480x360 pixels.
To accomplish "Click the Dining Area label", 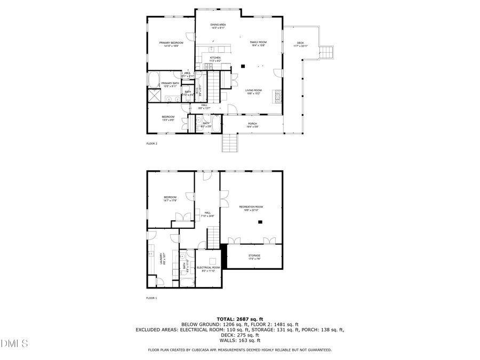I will (218, 25).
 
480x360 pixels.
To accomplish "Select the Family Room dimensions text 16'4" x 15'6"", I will (259, 45).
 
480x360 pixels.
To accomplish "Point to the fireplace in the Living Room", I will (276, 96).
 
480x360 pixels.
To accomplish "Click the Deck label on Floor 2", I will (300, 43).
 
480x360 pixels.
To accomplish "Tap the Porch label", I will (252, 123).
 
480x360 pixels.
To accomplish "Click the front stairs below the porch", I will (229, 143).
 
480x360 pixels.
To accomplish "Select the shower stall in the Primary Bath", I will (155, 96).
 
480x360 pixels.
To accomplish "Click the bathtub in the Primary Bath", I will (153, 80).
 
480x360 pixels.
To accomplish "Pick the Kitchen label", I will (215, 58).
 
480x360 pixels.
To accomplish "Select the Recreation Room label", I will (251, 206).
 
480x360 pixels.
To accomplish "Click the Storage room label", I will (254, 255).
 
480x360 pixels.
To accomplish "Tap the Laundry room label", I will (161, 259).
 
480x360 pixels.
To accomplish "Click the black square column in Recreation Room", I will (260, 222).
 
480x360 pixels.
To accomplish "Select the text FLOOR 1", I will (152, 298).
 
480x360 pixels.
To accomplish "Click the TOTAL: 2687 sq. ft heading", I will (239, 318).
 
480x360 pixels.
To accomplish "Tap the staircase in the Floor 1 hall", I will (213, 236).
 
